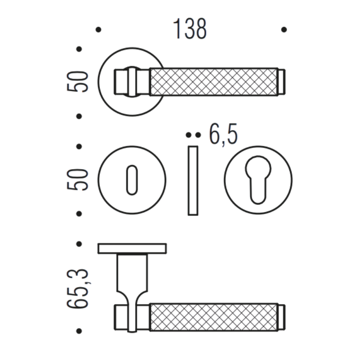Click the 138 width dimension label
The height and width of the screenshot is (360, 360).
189,29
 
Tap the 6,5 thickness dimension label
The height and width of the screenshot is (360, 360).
223,134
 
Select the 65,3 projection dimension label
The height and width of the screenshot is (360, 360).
77,289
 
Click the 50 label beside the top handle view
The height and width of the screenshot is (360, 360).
77,82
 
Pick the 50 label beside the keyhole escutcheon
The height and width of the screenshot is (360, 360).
77,180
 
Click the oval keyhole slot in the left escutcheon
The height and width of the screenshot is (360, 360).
132,180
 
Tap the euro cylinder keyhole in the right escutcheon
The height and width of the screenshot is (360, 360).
258,180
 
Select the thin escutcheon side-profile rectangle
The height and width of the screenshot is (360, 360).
193,180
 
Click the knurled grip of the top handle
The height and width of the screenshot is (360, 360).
214,82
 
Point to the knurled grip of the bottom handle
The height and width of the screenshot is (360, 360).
214,317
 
